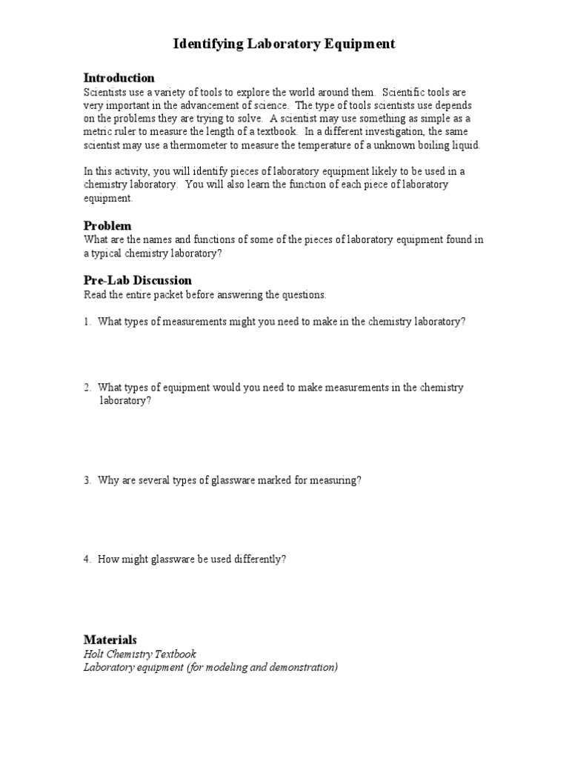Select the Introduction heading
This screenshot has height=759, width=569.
[119, 78]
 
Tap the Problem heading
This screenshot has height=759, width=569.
[107, 225]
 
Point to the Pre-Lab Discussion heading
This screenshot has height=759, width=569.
[138, 280]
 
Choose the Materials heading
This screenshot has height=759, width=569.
[110, 640]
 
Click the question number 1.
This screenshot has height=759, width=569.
[86, 322]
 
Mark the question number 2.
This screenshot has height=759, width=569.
[86, 388]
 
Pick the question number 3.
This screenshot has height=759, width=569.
[86, 480]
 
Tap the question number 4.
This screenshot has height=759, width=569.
[86, 560]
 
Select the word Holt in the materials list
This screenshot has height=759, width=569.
[94, 654]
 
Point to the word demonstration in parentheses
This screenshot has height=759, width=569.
[305, 667]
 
